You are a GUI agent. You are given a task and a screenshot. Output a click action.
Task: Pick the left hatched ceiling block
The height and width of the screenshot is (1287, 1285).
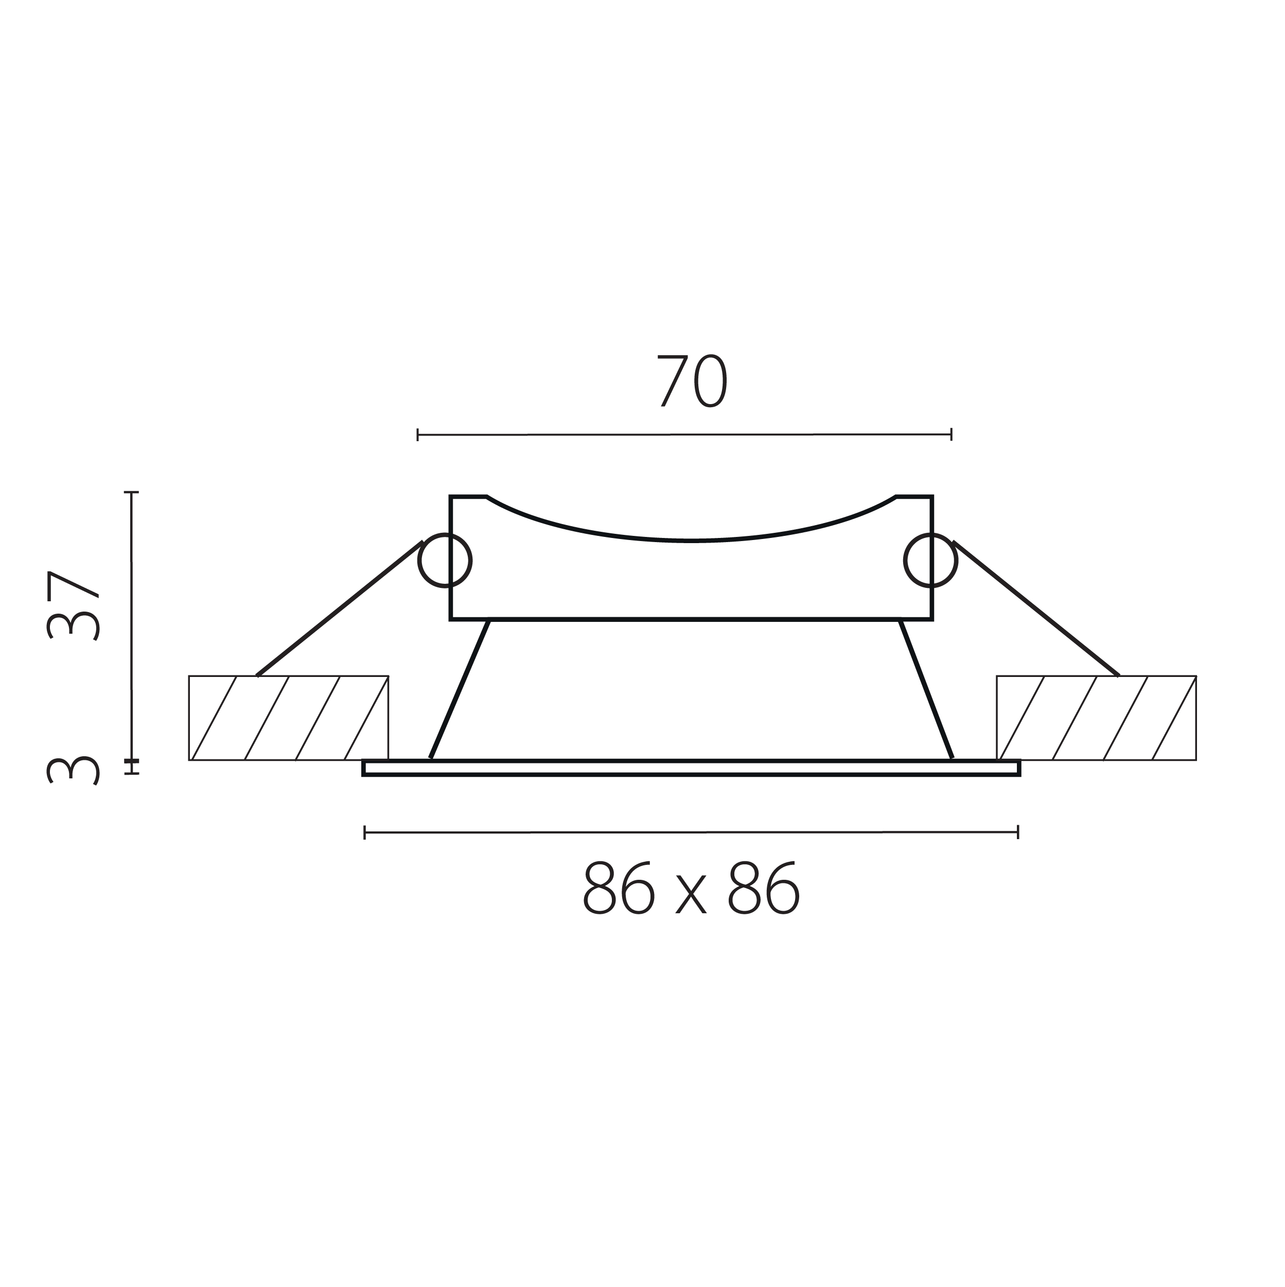tap(288, 718)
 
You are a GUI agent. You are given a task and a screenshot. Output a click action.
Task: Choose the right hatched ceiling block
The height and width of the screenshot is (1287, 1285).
tap(1097, 718)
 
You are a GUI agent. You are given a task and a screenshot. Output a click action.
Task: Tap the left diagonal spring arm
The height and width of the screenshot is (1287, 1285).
tap(340, 609)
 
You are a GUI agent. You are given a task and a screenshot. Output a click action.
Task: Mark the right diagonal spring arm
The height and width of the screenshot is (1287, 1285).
tap(1036, 609)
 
